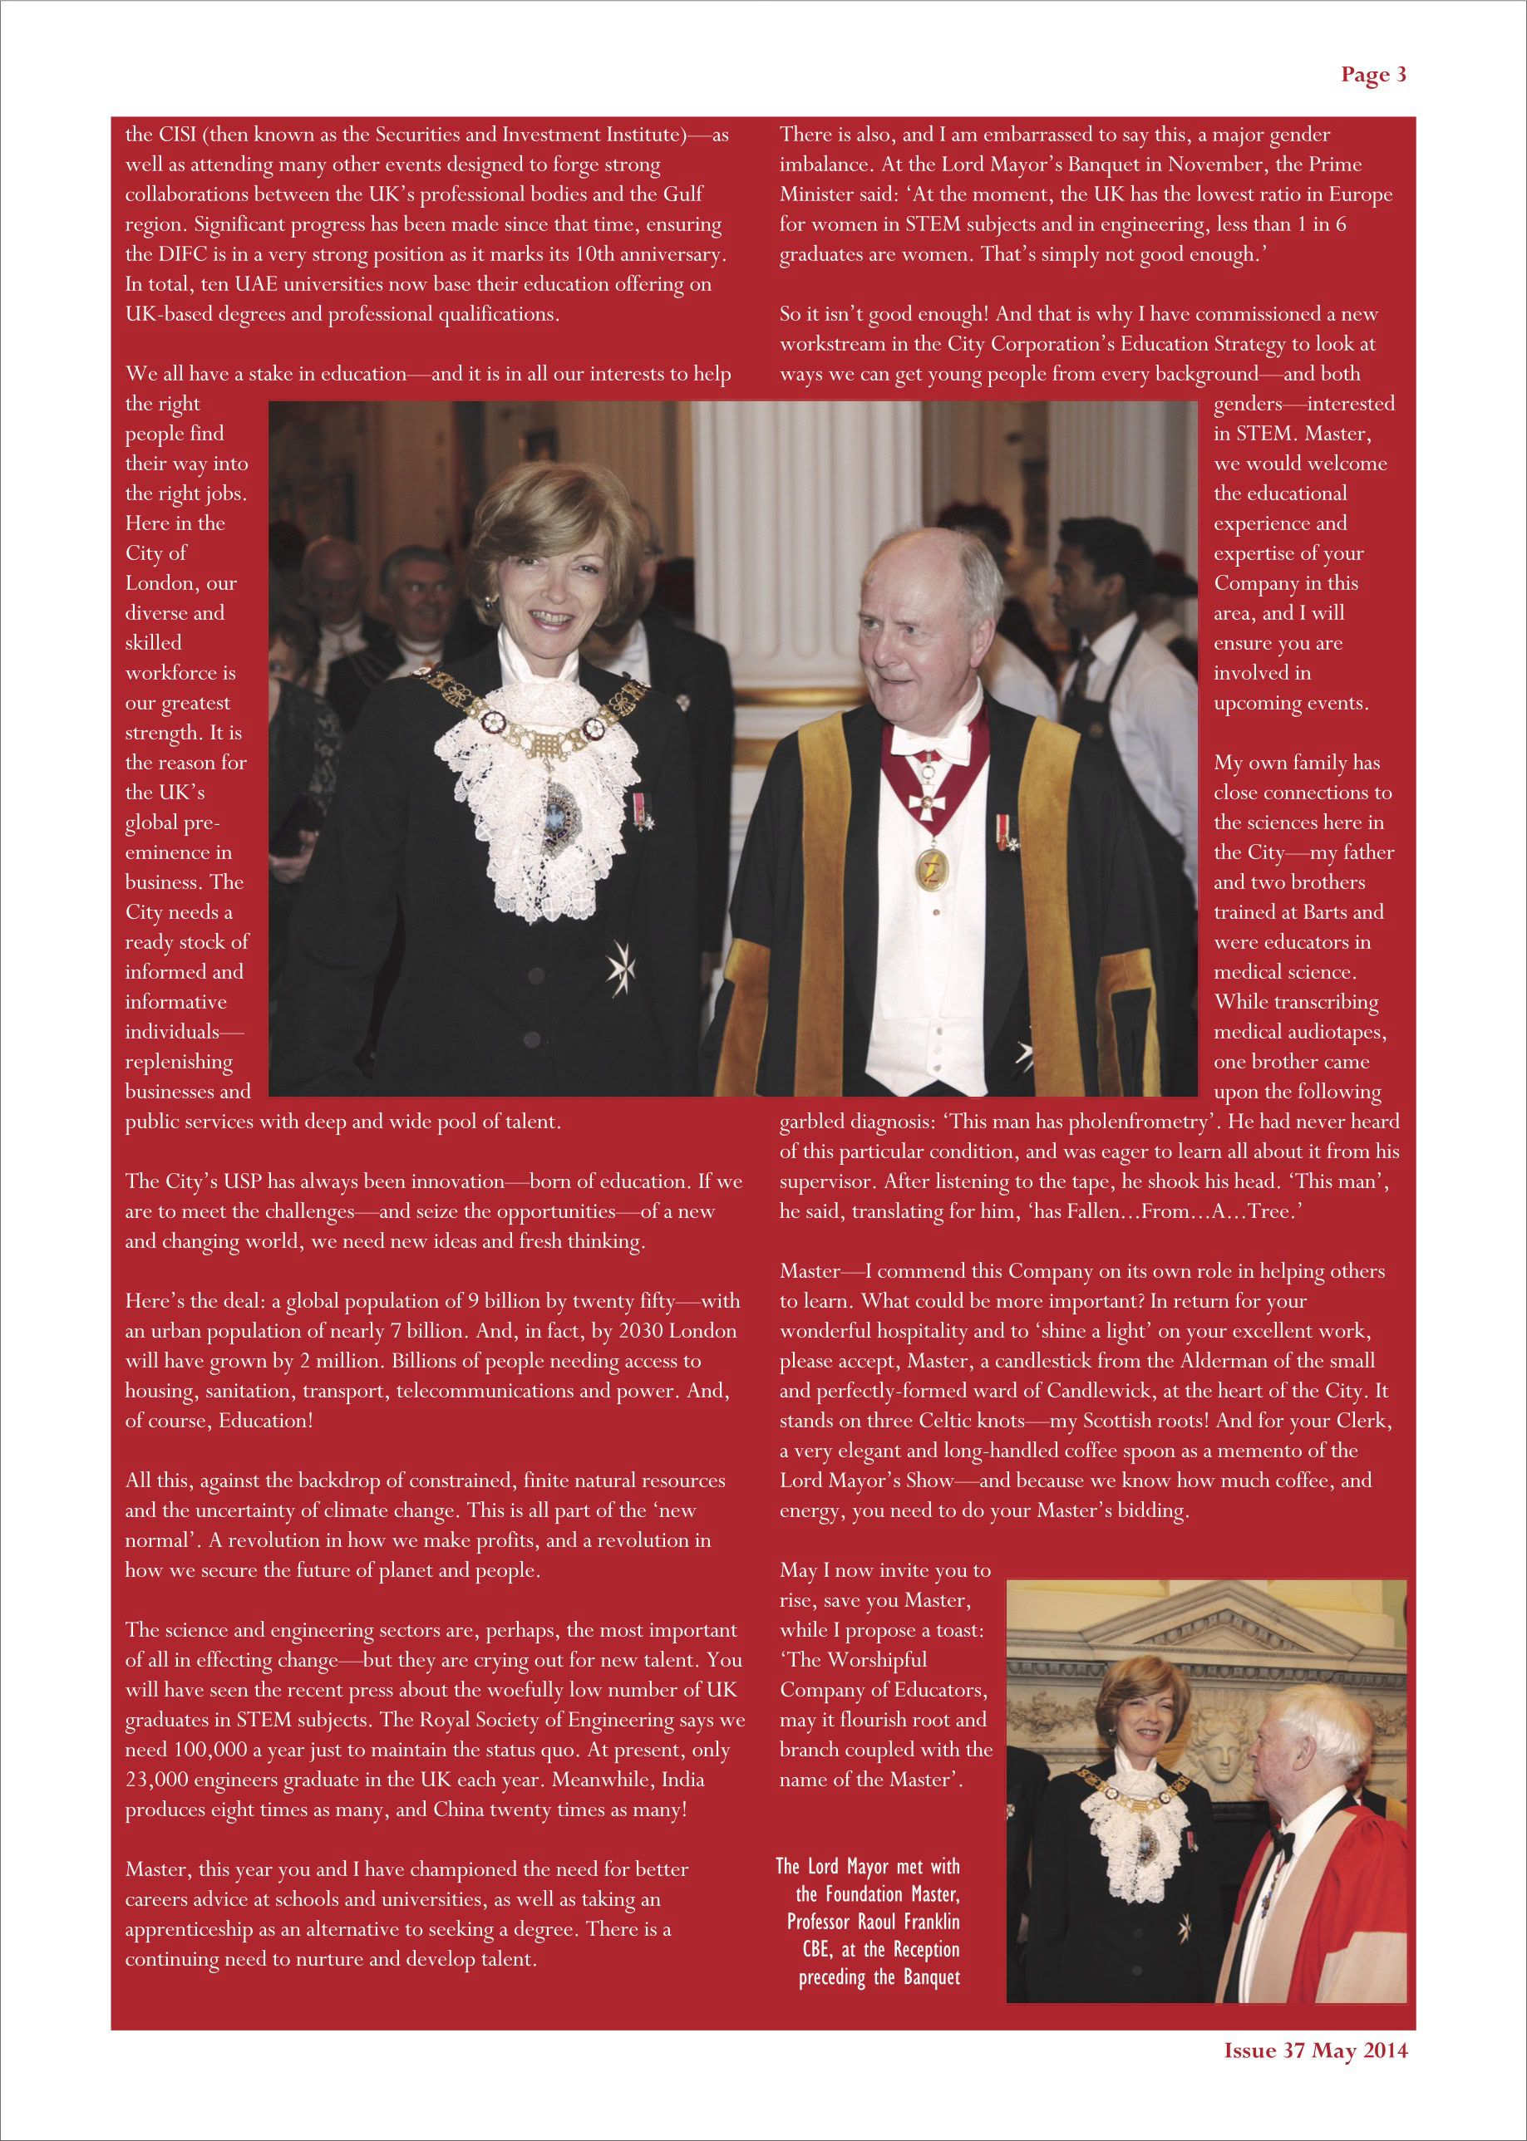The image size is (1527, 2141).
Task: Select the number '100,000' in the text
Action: (x=207, y=1749)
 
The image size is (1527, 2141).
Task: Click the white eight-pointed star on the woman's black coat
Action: (x=621, y=966)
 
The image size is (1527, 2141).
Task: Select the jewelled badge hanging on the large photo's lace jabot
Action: (x=560, y=812)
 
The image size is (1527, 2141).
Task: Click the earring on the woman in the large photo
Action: (x=489, y=600)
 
